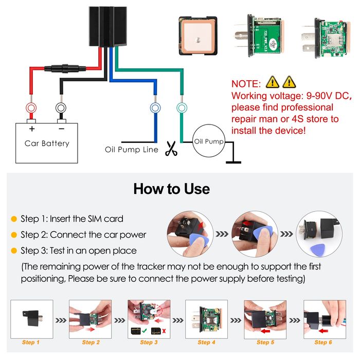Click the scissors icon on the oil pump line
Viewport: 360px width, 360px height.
[170, 150]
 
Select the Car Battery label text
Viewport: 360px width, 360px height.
[47, 143]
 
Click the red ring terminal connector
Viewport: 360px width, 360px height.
[31, 109]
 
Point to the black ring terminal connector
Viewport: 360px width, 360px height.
[61, 109]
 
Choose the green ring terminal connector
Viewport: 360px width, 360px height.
[182, 108]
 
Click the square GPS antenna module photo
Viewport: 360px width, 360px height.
[198, 35]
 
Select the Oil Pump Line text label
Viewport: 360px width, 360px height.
[132, 150]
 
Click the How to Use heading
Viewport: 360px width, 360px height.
[172, 189]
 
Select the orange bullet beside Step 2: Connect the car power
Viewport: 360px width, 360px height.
[14, 235]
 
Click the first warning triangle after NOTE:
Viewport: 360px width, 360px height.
[272, 82]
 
